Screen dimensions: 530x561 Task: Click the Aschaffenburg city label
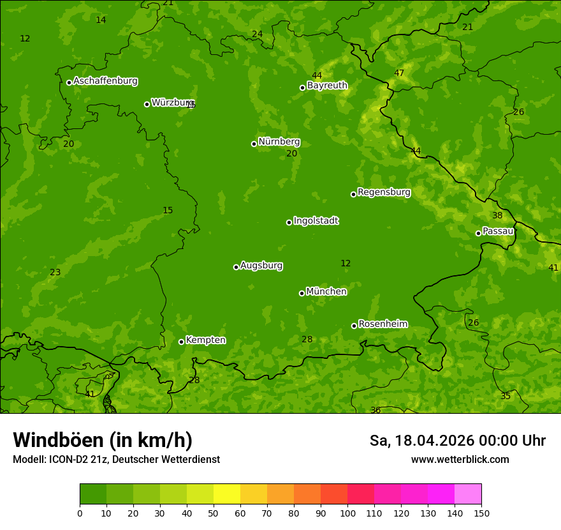105,81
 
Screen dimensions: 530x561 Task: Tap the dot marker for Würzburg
147,104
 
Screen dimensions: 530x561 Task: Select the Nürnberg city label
279,142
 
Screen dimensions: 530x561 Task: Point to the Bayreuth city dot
303,87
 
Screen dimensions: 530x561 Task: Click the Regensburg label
384,192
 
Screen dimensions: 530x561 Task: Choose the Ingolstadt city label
316,221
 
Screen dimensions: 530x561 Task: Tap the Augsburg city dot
236,267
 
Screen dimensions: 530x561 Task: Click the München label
326,292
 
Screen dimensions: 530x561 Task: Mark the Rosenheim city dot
354,326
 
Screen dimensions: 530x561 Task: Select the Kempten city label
205,340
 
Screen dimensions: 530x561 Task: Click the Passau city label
497,231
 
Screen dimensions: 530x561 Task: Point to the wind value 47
399,73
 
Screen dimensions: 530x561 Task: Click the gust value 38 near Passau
497,216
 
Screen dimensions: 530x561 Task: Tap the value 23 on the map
55,273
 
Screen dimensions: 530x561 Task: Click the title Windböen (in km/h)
102,440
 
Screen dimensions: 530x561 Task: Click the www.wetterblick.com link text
460,460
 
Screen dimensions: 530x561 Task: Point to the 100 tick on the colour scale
347,513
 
